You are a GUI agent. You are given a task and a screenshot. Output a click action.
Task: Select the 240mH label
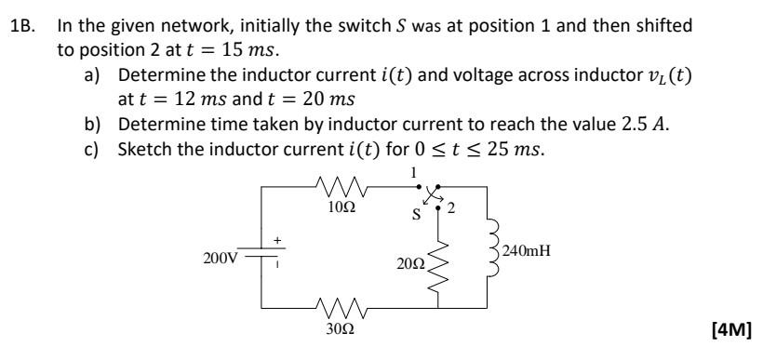click(528, 250)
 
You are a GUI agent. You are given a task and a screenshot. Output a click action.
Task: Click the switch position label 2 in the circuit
click(455, 207)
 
